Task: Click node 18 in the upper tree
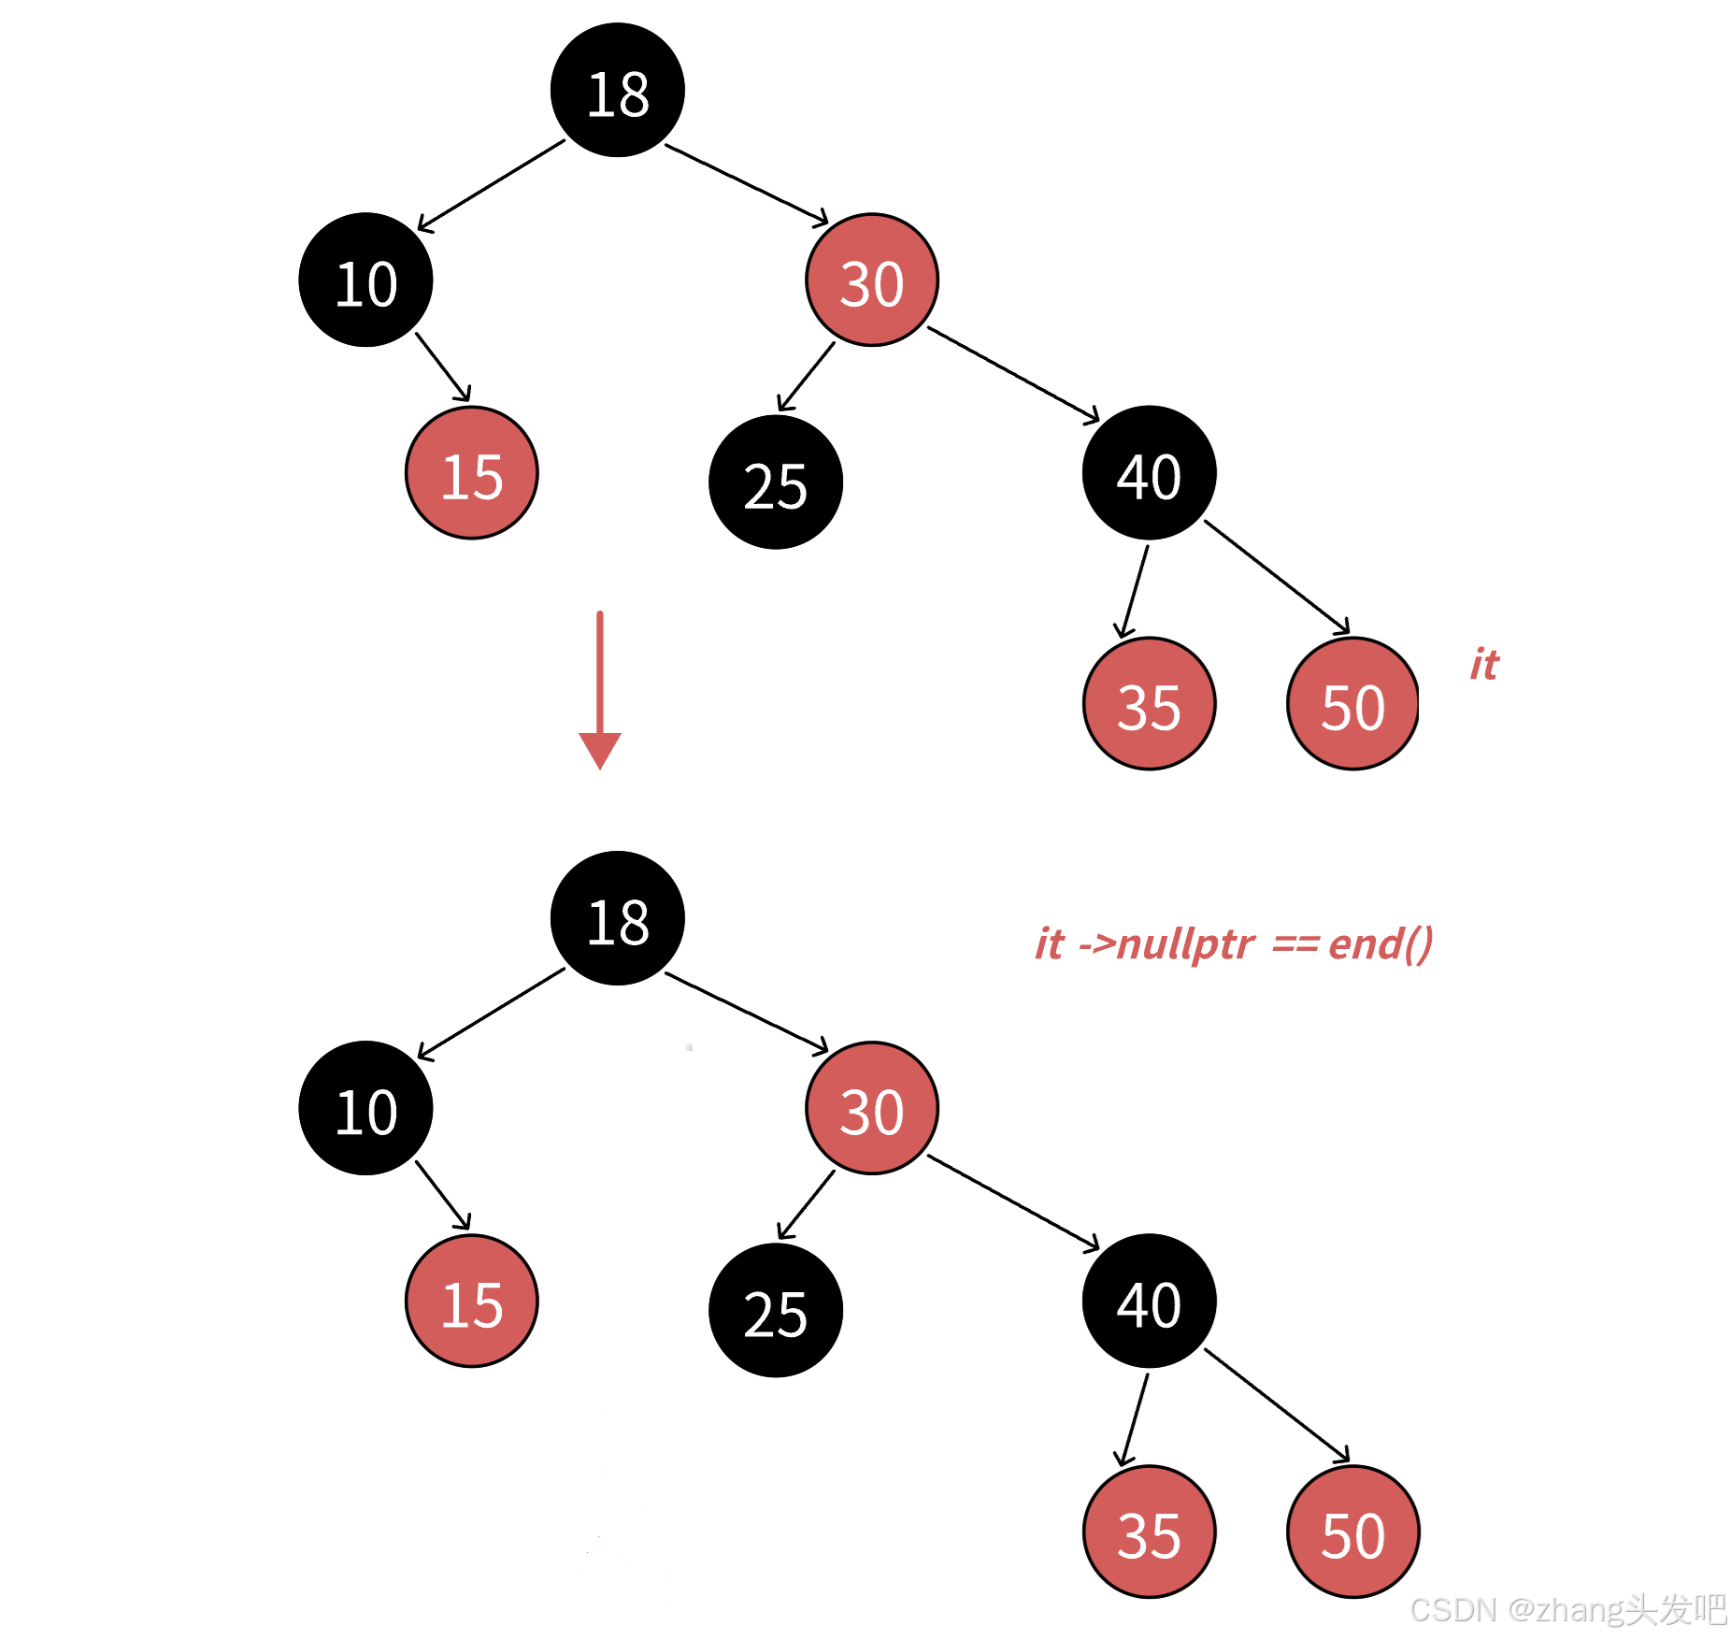(x=617, y=91)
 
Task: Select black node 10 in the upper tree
(x=365, y=281)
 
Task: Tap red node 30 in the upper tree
(x=872, y=281)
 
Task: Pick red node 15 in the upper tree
(x=472, y=473)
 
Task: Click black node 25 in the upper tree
(x=776, y=482)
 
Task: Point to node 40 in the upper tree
(x=1149, y=473)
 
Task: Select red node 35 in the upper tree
(x=1149, y=704)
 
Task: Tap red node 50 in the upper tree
(x=1352, y=704)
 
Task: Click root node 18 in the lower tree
(x=617, y=918)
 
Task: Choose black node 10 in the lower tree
(x=365, y=1108)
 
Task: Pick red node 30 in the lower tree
(x=872, y=1108)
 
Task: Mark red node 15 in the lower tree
(x=472, y=1301)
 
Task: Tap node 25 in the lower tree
(x=776, y=1310)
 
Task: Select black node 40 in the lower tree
(x=1149, y=1301)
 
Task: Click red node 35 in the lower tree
(x=1149, y=1532)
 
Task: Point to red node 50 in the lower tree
(x=1352, y=1532)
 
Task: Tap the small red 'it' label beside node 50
(x=1484, y=665)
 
